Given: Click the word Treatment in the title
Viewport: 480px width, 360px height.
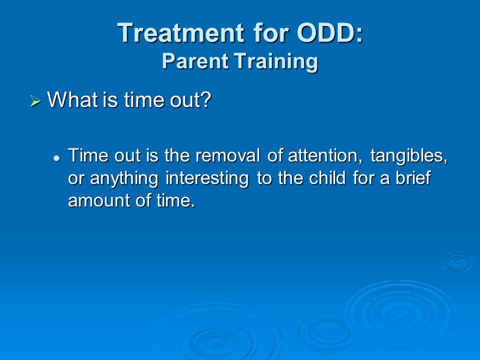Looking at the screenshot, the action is coord(181,32).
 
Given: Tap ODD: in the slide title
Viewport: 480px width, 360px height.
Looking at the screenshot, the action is coord(329,32).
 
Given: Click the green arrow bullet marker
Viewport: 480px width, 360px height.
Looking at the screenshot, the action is coord(35,101).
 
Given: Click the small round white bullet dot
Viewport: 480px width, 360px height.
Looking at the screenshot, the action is coord(56,158).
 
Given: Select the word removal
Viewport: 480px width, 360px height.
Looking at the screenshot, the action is coord(228,155).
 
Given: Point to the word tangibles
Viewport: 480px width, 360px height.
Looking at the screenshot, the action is coord(409,156).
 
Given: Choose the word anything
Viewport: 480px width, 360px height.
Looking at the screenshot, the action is coord(124,178).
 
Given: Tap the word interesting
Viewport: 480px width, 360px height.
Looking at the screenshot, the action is coord(207,178).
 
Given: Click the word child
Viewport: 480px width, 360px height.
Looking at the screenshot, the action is coord(327,177).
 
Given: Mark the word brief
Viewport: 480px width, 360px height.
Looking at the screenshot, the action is coord(413,177).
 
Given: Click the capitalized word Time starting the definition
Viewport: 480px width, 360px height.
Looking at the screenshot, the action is coord(88,155).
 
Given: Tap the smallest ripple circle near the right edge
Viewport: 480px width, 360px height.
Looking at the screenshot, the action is coord(457,262).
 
